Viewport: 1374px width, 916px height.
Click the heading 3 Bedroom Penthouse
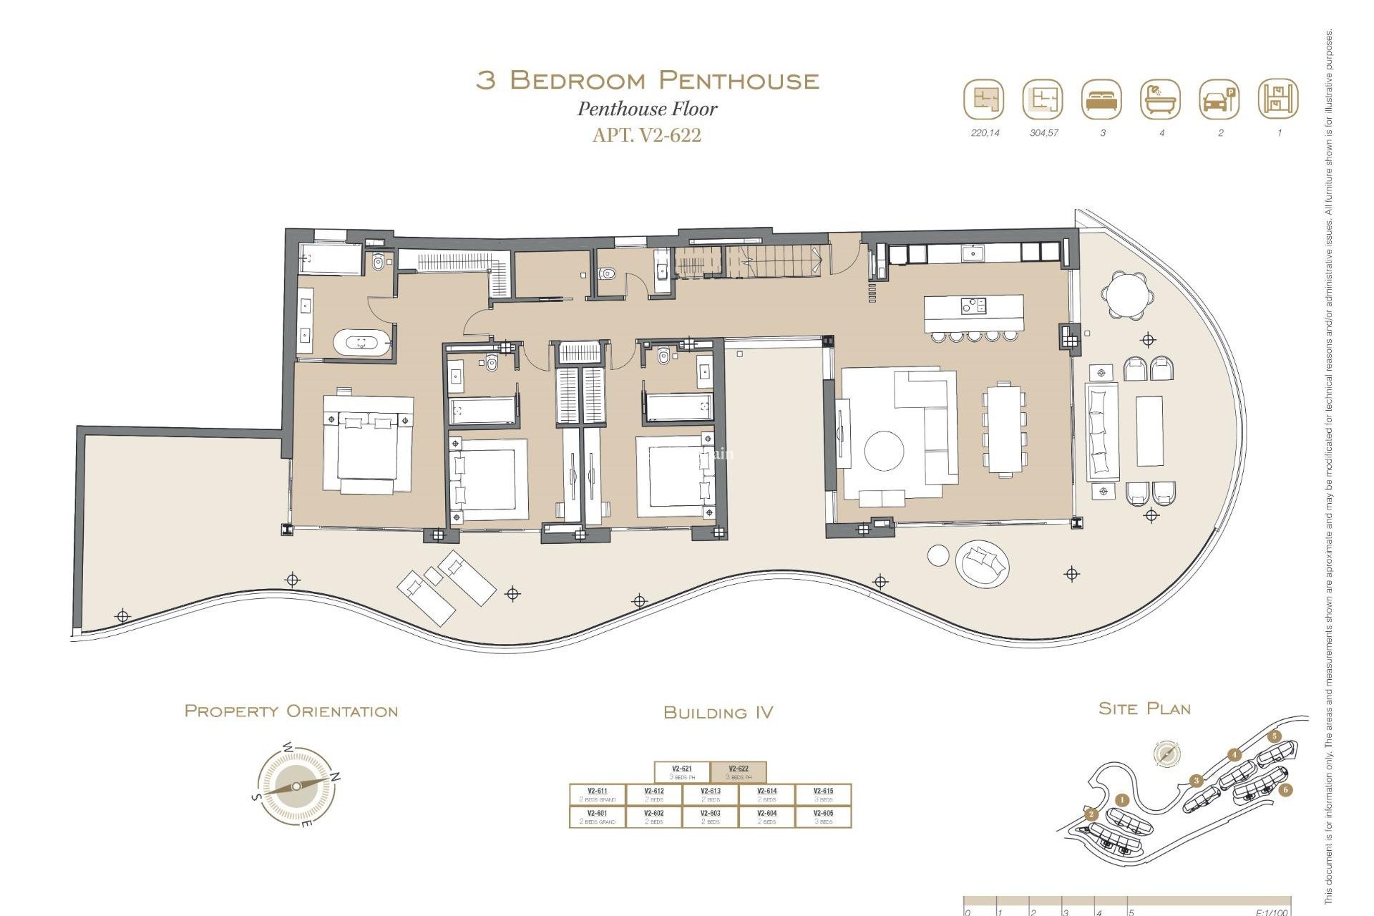[x=647, y=80]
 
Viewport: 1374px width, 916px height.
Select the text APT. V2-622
[x=647, y=135]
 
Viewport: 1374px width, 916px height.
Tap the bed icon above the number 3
[x=1101, y=99]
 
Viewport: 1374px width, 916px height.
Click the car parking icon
[x=1219, y=99]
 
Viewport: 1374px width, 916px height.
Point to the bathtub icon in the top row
[x=1160, y=99]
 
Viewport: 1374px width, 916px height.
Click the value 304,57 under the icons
[x=1043, y=133]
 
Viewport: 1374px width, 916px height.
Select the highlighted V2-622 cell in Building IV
[x=739, y=772]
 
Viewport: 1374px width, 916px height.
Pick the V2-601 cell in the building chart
[x=597, y=817]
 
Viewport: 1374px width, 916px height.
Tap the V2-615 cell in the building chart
[x=823, y=794]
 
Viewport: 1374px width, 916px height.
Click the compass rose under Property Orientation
[x=296, y=786]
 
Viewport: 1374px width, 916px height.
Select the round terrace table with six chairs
[x=1127, y=294]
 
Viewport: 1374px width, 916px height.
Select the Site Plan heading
[x=1144, y=708]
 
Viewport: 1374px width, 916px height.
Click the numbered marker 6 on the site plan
[x=1285, y=790]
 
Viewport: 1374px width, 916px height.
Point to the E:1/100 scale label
[x=1272, y=912]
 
